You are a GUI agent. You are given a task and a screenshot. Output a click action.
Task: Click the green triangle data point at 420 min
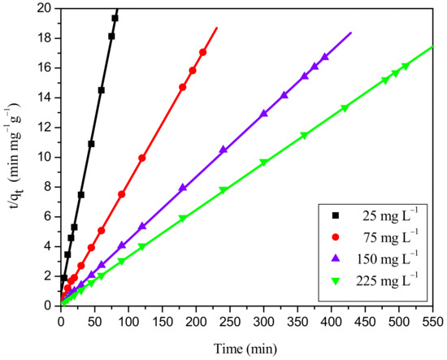345,108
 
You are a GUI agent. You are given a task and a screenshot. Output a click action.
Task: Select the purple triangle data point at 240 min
223,150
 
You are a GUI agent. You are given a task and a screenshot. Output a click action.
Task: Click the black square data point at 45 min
91,144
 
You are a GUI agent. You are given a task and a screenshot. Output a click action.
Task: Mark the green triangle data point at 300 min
263,163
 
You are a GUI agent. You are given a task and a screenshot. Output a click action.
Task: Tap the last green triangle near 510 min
405,67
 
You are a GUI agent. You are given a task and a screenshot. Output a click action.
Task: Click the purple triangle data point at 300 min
263,114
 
